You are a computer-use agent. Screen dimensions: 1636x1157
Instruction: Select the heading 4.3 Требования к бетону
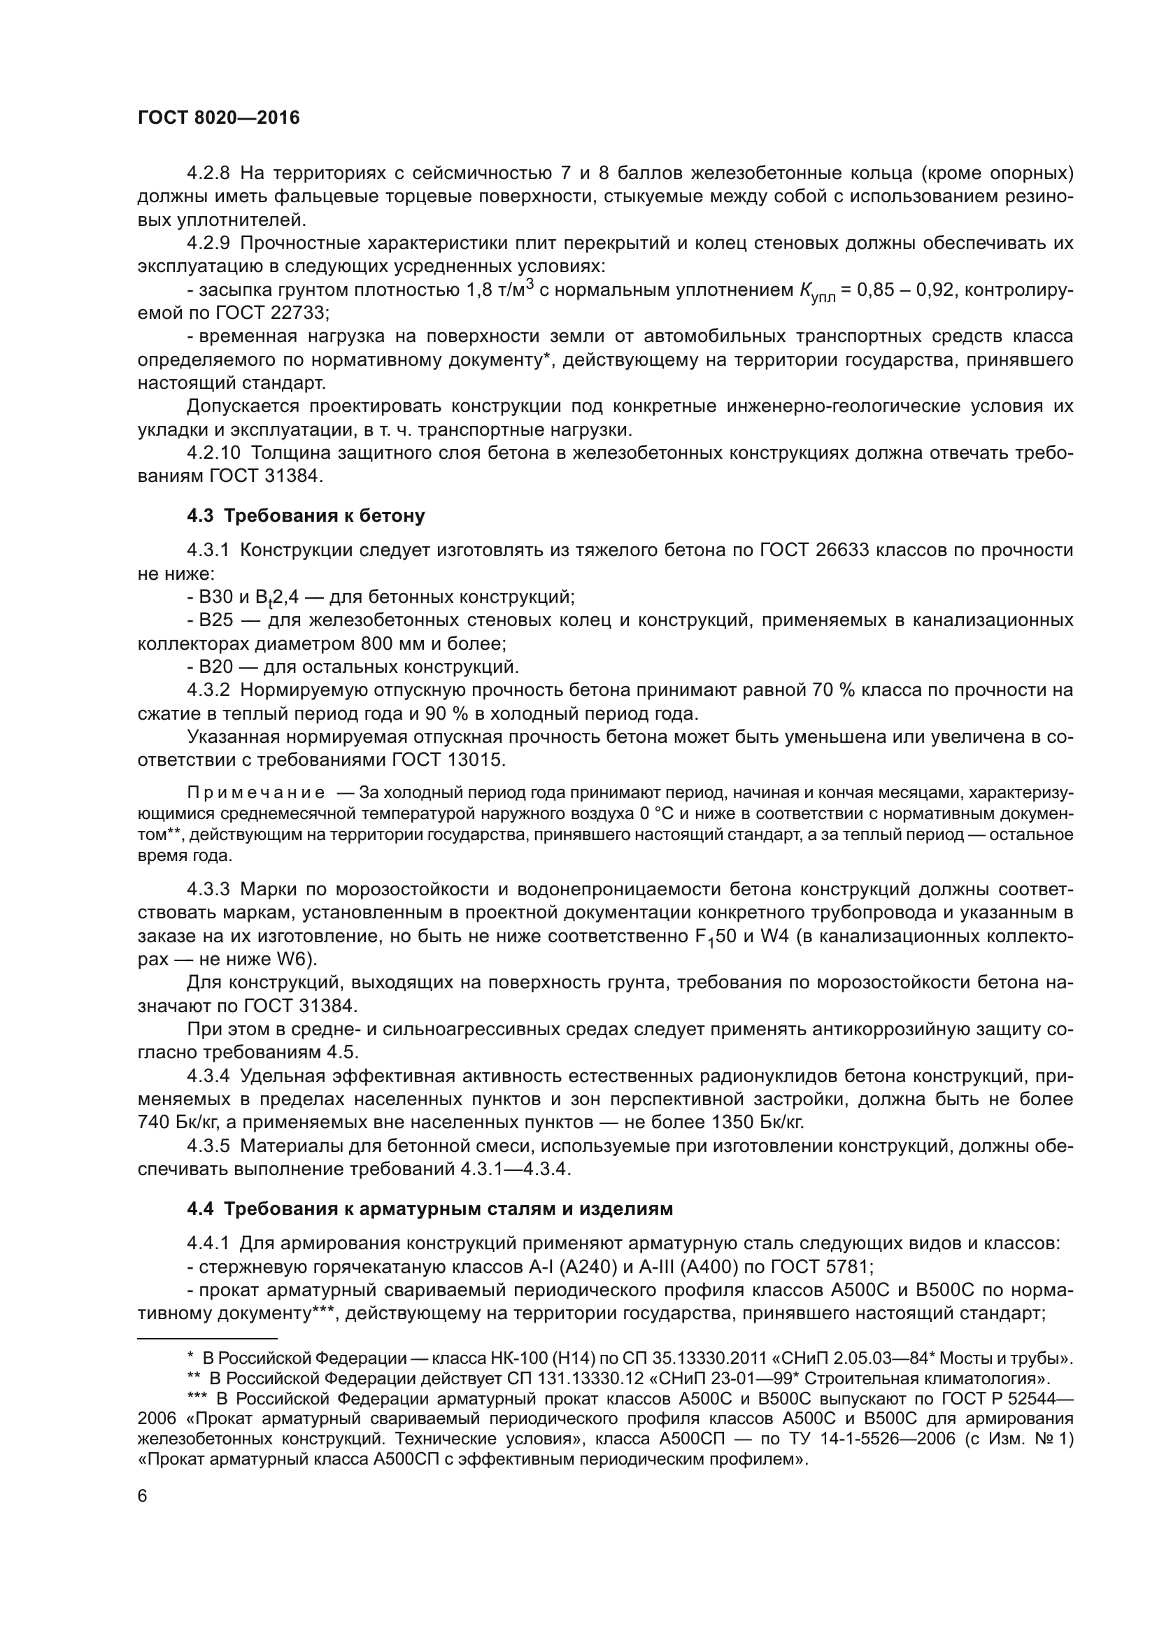point(306,516)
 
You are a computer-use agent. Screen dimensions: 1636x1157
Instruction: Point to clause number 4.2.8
point(208,173)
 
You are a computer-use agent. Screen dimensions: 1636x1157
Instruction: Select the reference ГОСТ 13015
point(448,760)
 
